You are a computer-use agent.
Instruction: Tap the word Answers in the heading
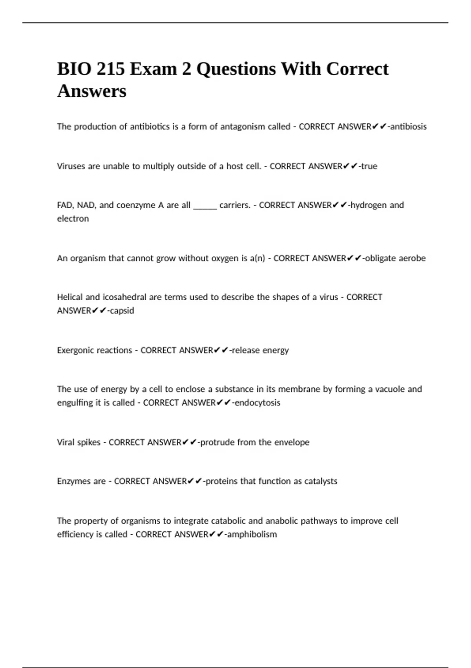pos(91,91)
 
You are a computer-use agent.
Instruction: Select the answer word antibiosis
pos(408,127)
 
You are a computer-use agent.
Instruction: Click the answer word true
pos(369,166)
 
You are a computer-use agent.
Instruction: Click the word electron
pos(73,218)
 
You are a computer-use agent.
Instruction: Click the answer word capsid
pos(122,310)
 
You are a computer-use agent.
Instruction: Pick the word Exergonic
pos(75,350)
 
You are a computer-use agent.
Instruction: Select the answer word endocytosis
pos(257,402)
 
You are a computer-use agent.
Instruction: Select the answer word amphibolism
pos(252,534)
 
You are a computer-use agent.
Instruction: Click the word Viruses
pos(71,166)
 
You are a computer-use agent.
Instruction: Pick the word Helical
pos(70,297)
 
